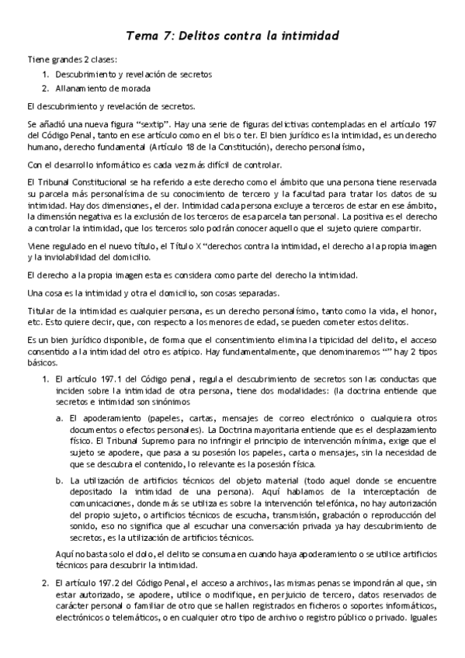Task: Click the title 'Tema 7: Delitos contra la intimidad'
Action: pyautogui.click(x=232, y=36)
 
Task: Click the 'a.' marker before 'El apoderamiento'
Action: pyautogui.click(x=60, y=417)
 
